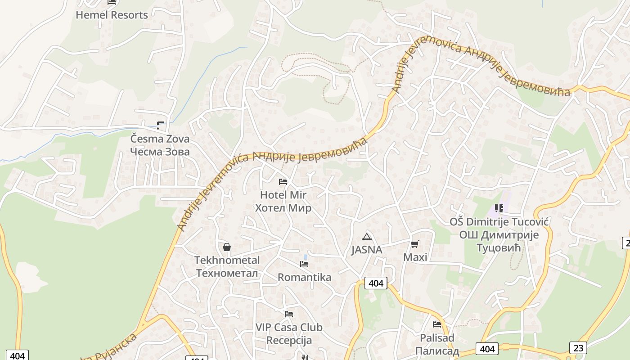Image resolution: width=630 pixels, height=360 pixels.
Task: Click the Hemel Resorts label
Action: pyautogui.click(x=112, y=15)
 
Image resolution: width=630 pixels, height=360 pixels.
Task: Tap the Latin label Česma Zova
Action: pyautogui.click(x=160, y=139)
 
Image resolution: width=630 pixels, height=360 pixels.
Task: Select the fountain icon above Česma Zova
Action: pyautogui.click(x=160, y=125)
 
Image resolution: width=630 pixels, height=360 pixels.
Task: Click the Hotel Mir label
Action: pyautogui.click(x=283, y=195)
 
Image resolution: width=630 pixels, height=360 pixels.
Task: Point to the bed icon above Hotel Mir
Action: pyautogui.click(x=283, y=182)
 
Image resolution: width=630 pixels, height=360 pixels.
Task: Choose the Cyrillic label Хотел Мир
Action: pyautogui.click(x=283, y=208)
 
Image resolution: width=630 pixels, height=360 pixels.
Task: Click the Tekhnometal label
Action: pyautogui.click(x=227, y=260)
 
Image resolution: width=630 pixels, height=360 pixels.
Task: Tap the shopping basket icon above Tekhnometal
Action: pyautogui.click(x=227, y=247)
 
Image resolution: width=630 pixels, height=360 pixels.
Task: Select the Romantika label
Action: pyautogui.click(x=304, y=277)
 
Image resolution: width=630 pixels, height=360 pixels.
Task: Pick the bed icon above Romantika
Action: pyautogui.click(x=304, y=264)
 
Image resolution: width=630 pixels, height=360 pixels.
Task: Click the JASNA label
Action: pyautogui.click(x=367, y=250)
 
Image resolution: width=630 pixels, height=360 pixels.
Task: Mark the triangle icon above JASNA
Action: pyautogui.click(x=367, y=237)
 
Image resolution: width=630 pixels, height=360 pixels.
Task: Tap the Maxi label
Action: pyautogui.click(x=415, y=257)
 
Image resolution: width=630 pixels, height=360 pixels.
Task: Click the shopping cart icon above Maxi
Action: pyautogui.click(x=415, y=244)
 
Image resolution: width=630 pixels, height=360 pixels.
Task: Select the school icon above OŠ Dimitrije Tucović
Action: pyautogui.click(x=499, y=208)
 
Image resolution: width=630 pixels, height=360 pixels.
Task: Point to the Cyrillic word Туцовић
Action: pyautogui.click(x=498, y=248)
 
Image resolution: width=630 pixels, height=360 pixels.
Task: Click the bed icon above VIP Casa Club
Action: pyautogui.click(x=289, y=314)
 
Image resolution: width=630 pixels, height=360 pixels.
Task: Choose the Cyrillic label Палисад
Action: pyautogui.click(x=437, y=351)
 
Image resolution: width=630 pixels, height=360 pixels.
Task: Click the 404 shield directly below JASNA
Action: pyautogui.click(x=376, y=283)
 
